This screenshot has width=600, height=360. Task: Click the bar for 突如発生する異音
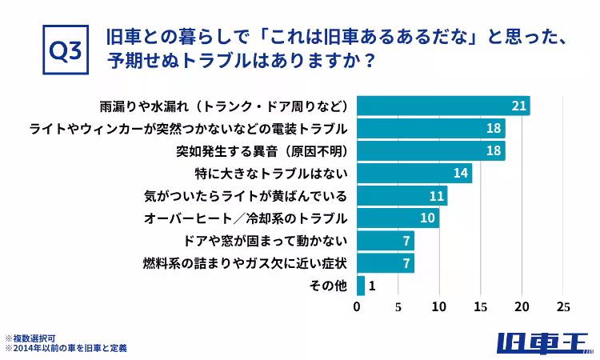click(430, 150)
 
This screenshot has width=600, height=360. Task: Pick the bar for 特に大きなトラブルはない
click(414, 173)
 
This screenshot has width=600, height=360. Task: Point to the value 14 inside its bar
click(461, 173)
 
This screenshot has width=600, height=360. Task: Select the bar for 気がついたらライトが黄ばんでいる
click(402, 195)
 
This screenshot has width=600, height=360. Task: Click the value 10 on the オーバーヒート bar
click(428, 218)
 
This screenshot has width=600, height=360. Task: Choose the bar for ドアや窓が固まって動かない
click(385, 240)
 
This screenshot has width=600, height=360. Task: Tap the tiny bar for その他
click(361, 285)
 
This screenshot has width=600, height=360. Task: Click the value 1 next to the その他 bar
click(373, 285)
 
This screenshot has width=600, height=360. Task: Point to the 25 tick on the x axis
click(563, 306)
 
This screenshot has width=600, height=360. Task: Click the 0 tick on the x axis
click(357, 306)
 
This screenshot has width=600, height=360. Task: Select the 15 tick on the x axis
click(481, 306)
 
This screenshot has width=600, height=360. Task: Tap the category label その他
click(328, 285)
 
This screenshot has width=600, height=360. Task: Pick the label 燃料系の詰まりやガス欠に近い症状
click(245, 262)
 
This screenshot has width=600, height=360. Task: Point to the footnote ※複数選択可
click(30, 338)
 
